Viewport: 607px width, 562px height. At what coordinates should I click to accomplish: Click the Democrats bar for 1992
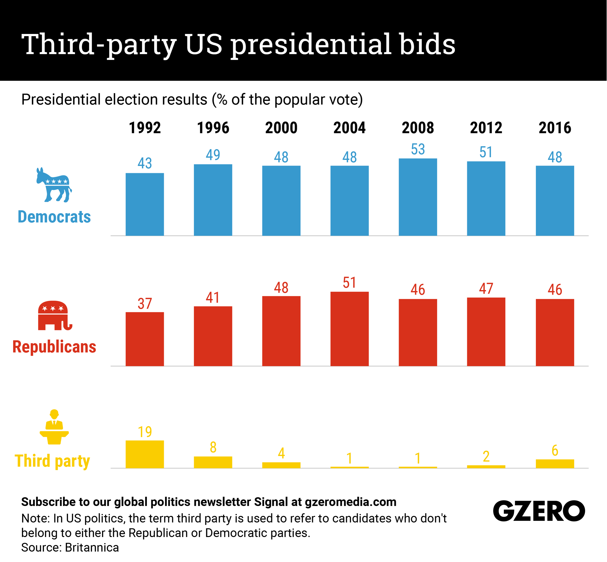(x=144, y=204)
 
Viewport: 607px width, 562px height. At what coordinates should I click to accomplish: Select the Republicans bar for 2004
(x=349, y=329)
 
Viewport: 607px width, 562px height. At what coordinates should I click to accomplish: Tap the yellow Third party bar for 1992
(x=144, y=454)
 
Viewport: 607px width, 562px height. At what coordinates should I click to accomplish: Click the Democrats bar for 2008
(x=418, y=197)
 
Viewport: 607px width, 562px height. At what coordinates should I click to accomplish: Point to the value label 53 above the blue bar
(x=418, y=149)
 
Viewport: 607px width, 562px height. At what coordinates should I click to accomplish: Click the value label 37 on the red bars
(x=144, y=304)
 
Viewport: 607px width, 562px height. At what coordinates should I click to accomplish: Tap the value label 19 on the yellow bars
(x=144, y=432)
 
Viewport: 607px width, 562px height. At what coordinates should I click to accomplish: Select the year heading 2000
(x=281, y=128)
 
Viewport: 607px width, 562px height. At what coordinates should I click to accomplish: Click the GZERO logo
(x=539, y=511)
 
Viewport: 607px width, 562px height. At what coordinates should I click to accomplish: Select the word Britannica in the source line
(x=92, y=547)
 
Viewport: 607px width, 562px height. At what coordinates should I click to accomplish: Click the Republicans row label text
(x=54, y=347)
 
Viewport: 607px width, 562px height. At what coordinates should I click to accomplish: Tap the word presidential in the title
(x=310, y=45)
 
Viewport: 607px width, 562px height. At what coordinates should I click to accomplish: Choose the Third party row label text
(x=52, y=461)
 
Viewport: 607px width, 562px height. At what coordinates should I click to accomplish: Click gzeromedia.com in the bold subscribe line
(x=351, y=502)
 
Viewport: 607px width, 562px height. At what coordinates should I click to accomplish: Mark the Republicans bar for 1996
(x=213, y=336)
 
